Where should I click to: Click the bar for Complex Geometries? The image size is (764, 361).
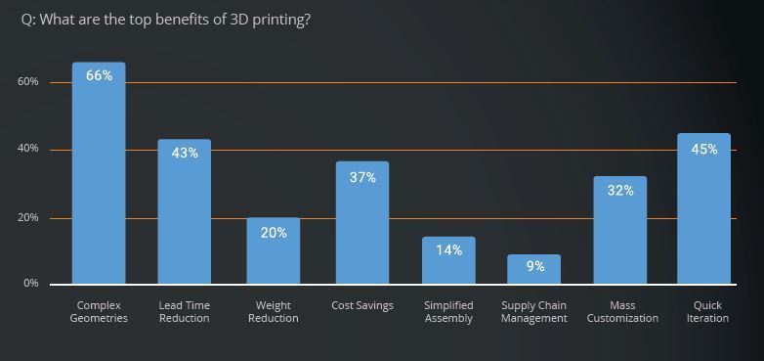(99, 173)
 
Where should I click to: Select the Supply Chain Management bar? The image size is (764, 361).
(534, 269)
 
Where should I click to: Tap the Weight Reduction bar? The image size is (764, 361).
(274, 250)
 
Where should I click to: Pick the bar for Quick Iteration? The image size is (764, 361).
(704, 208)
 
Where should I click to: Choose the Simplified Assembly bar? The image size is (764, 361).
(448, 260)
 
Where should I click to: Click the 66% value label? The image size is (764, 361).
(99, 75)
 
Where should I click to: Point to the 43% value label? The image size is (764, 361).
(185, 153)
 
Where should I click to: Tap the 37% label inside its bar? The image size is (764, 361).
(362, 178)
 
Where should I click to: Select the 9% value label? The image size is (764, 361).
(535, 266)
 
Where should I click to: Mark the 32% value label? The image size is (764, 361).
(620, 190)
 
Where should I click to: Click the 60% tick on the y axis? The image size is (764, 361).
(27, 81)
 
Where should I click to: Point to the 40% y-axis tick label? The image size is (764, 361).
(27, 149)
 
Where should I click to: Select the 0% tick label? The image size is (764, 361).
(30, 283)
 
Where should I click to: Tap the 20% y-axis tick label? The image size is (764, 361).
(27, 217)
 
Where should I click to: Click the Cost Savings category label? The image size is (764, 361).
(362, 306)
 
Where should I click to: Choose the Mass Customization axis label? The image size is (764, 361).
(622, 312)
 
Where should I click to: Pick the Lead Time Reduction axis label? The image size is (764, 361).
(185, 312)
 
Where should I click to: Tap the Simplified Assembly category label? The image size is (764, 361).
(448, 312)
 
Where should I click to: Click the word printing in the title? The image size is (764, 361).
(281, 21)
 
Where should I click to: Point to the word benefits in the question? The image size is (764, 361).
(176, 21)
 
